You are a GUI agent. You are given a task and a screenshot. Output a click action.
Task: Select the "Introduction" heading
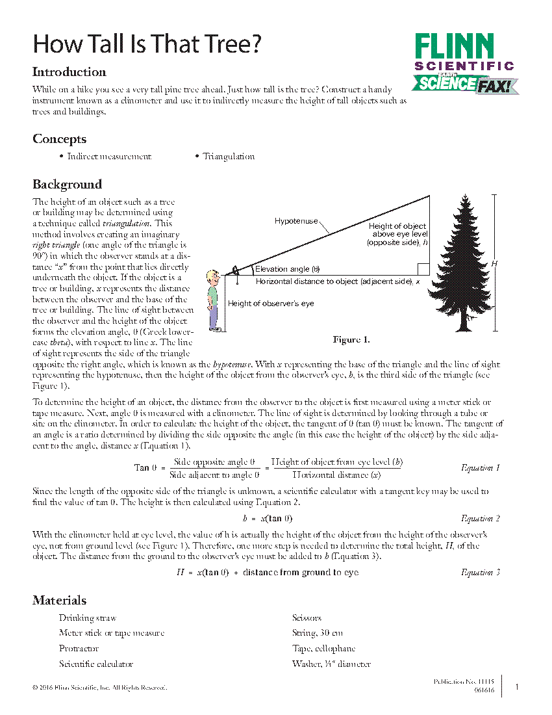coord(69,72)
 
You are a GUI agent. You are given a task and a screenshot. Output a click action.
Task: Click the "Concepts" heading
coord(59,139)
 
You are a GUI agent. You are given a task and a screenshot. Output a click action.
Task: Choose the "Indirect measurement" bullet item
coord(108,157)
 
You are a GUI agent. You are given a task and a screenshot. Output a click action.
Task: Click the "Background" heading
coord(67,185)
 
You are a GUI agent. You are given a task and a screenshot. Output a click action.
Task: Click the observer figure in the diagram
coord(213,300)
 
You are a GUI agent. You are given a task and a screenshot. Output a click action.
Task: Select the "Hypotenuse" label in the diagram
coord(295,221)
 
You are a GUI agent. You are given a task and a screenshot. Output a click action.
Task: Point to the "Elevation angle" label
coord(287,269)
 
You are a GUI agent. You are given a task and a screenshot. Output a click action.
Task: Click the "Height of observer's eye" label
coord(270,304)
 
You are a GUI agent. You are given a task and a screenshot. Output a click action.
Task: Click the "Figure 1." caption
coord(351,340)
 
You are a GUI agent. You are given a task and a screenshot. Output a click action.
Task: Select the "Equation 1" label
coord(480,468)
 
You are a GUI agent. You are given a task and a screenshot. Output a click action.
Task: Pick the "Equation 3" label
coord(480,573)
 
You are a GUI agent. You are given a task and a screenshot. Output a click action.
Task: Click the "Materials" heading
coord(59,601)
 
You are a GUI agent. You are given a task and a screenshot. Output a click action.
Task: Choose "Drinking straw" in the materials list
coord(87,618)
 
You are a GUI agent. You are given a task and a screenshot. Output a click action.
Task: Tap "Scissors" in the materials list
coord(307,618)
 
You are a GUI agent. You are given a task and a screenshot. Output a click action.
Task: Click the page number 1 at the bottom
coord(516,686)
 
